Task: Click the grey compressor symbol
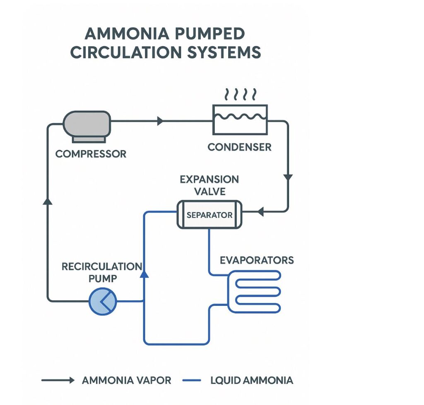(x=87, y=124)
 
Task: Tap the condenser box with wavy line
(x=240, y=119)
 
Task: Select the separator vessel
(x=209, y=214)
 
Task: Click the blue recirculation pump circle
(x=103, y=301)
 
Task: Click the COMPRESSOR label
(x=91, y=154)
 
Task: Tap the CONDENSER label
(x=239, y=147)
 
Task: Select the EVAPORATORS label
(x=257, y=260)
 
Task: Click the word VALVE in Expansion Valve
(x=209, y=191)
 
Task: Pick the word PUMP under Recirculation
(x=103, y=279)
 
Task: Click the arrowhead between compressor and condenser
(x=161, y=121)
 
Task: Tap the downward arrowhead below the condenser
(x=288, y=177)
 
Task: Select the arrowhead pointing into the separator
(x=260, y=212)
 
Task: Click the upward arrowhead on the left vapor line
(x=48, y=200)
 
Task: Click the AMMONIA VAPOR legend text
(x=126, y=380)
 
